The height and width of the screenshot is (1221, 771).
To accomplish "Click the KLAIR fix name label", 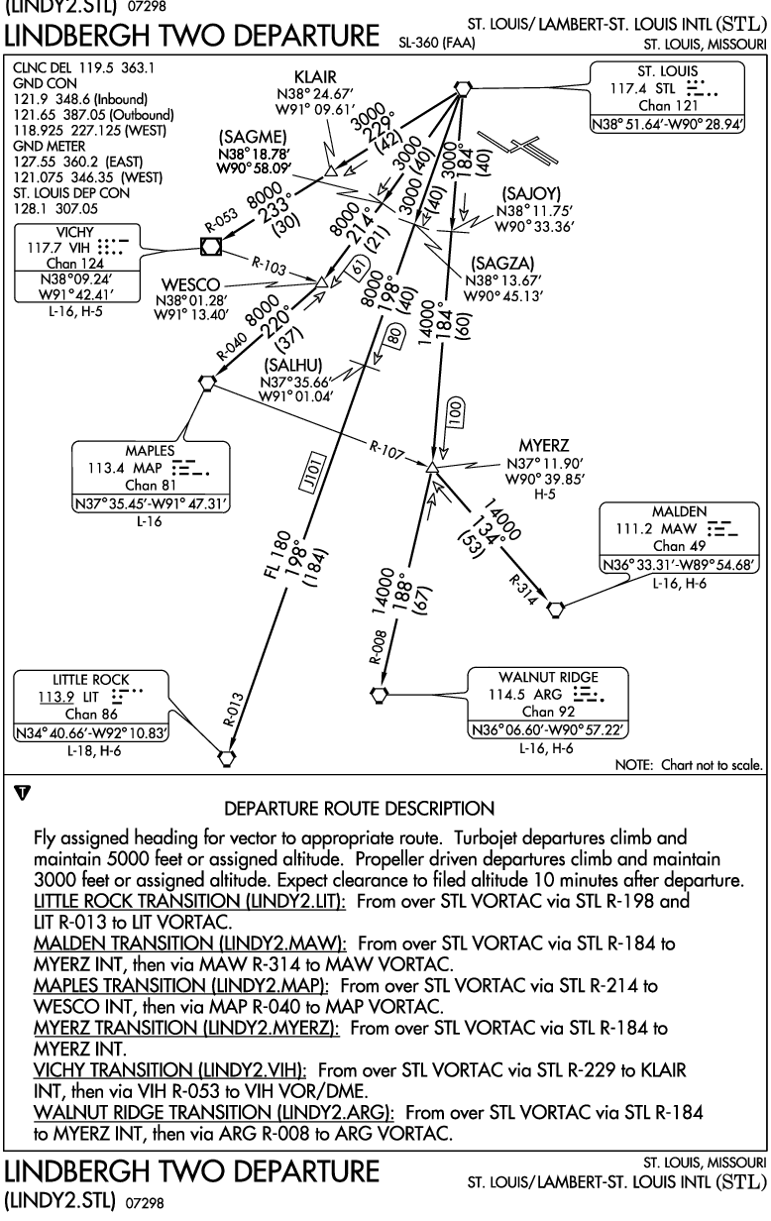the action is (x=315, y=77).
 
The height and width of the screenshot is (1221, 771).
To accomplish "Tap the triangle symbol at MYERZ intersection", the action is (x=431, y=467).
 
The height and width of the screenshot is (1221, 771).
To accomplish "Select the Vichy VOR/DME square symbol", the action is (x=211, y=247).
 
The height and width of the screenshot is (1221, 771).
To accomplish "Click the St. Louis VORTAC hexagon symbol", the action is (x=463, y=88).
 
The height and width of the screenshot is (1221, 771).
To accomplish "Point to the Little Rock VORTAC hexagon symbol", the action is (x=227, y=757).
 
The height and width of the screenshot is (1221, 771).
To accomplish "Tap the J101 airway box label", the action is (x=313, y=474).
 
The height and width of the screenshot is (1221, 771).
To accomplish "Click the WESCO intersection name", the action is (x=190, y=284).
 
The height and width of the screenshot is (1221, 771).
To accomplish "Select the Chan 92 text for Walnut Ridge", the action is (x=548, y=712).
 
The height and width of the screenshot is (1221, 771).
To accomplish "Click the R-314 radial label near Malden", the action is (x=523, y=590).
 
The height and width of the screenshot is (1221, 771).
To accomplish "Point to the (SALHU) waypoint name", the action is (x=293, y=365).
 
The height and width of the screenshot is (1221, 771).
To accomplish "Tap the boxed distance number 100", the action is (x=456, y=413).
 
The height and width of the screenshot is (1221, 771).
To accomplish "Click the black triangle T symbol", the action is (x=22, y=792).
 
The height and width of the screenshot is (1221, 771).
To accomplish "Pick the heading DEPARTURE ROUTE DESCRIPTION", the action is (x=360, y=809).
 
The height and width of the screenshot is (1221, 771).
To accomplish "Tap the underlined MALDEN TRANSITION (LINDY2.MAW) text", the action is (x=190, y=943).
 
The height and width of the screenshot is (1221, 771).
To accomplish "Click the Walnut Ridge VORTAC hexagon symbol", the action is (x=379, y=695).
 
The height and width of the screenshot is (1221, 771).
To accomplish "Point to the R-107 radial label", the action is (x=386, y=450).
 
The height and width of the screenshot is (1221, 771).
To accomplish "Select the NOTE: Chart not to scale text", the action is (x=689, y=765).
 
